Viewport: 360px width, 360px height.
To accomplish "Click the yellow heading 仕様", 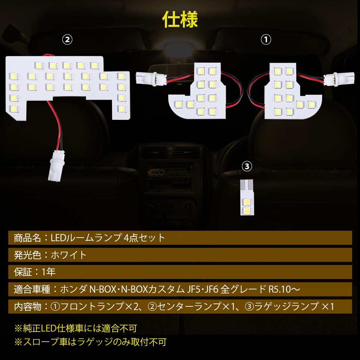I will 180,20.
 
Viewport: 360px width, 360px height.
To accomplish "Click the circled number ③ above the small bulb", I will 247,166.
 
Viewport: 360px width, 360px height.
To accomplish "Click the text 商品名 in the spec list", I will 25,238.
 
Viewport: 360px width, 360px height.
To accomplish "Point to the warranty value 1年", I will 49,272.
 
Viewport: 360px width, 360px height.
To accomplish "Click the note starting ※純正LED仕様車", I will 76,328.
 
